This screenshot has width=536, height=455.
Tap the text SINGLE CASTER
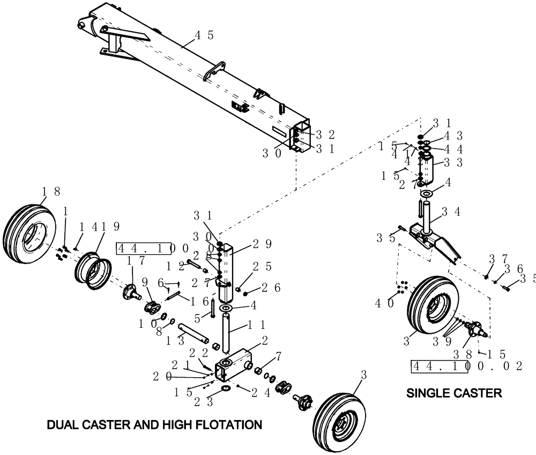pyautogui.click(x=454, y=393)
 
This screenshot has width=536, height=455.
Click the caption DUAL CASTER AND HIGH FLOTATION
pyautogui.click(x=154, y=425)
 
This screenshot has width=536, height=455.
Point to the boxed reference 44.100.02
pyautogui.click(x=466, y=366)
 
